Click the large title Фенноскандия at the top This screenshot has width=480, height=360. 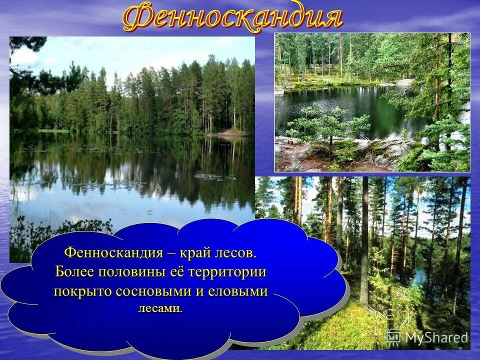click(232, 18)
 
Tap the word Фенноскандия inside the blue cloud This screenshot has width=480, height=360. click(113, 252)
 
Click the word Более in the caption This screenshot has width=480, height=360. click(75, 272)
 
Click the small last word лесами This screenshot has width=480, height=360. click(160, 308)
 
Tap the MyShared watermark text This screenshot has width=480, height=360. click(436, 338)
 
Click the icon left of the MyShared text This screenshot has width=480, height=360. click(393, 337)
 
